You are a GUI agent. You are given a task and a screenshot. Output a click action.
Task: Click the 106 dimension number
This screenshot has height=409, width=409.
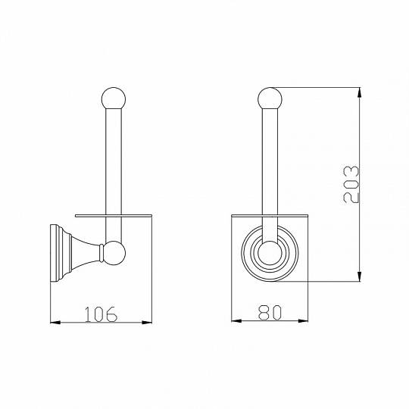(101, 314)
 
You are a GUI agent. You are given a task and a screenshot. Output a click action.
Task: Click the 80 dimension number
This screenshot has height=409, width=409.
(270, 313)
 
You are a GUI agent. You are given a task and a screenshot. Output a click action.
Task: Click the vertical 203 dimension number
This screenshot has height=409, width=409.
(351, 184)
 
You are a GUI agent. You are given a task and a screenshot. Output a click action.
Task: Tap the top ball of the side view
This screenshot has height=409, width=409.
(114, 98)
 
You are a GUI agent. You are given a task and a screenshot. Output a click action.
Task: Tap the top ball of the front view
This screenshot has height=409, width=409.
(270, 98)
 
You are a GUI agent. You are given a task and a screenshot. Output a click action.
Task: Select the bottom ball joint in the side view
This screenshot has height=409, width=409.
(114, 253)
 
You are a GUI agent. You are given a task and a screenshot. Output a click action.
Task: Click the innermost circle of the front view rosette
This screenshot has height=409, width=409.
(270, 253)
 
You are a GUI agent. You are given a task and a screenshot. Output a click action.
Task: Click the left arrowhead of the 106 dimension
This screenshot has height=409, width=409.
(55, 323)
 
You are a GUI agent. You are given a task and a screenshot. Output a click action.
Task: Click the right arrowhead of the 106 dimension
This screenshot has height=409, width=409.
(147, 323)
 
